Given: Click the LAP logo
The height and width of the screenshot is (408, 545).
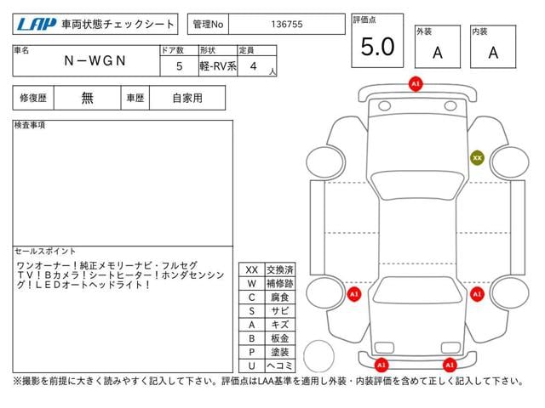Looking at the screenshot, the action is coord(37,25).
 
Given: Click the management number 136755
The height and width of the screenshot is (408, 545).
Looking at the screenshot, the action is coord(287,25).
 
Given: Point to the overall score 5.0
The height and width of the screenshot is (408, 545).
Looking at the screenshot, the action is coord(377,47).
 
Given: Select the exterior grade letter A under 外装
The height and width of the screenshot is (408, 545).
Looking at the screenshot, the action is coord(438,53).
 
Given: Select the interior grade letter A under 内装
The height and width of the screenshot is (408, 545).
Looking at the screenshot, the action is coord(493,53).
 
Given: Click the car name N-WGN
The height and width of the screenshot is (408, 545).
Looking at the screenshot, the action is coord(95,60).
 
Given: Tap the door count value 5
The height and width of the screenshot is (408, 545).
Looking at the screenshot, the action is coord(179,66).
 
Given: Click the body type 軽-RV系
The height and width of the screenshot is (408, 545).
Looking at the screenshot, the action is coord(218,66).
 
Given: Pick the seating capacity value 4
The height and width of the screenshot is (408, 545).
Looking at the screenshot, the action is coord(254,66).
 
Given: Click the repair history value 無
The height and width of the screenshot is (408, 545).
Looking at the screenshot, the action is coord(87,98).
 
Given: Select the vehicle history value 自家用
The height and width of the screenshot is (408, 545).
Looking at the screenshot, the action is coord(187,99).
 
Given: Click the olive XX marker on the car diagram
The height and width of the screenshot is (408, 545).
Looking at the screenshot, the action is coord(477,158).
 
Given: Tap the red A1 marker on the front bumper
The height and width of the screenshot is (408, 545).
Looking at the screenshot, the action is coord(416,84).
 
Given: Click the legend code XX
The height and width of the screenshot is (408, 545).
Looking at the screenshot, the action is coord(252,270).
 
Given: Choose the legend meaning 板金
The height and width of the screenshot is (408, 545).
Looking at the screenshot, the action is coord(280,338).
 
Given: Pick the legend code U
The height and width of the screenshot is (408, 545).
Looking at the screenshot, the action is coord(252,365).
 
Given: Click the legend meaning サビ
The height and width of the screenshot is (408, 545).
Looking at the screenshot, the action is coord(280,311).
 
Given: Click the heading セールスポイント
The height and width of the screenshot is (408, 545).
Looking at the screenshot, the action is coord(45,252).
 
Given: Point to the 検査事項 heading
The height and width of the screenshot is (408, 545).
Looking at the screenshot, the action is coord(30,125).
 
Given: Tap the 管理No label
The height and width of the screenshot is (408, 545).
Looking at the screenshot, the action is coord(208,25).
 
